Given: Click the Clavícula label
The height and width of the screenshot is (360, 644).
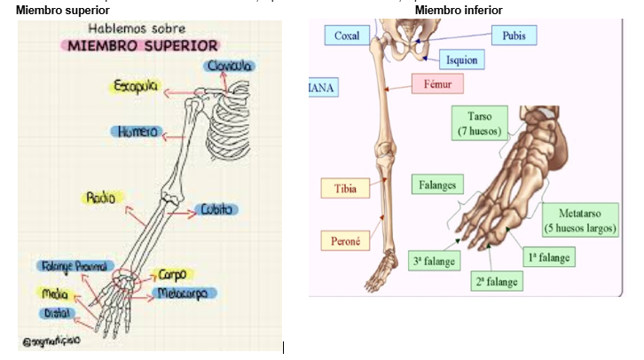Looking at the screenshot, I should point(230,67).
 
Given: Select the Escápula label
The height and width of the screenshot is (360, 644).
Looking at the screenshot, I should point(135,86).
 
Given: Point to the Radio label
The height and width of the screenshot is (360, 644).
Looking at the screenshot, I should point(100,198).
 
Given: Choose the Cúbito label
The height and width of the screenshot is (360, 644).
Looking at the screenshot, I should point(216,210).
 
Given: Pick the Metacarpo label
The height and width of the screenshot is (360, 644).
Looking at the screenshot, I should point(188,293).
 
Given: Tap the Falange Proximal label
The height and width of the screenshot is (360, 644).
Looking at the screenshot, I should point(75,267).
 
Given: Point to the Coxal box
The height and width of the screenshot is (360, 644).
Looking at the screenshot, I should point(347,36).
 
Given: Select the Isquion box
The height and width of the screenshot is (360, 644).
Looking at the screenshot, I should point(461,60).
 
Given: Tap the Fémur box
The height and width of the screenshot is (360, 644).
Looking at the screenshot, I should point(437,85).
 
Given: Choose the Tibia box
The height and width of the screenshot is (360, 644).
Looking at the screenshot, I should point(345,189).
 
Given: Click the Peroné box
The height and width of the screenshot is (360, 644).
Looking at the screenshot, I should point(344,240).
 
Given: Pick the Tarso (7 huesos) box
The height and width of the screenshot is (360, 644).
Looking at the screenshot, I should point(480,122).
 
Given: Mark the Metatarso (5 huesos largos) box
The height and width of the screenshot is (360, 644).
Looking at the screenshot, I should point(587,221).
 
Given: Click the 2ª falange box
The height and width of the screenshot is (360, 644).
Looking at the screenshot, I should point(497,281).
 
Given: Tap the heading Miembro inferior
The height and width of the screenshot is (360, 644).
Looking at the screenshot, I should point(459,10).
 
